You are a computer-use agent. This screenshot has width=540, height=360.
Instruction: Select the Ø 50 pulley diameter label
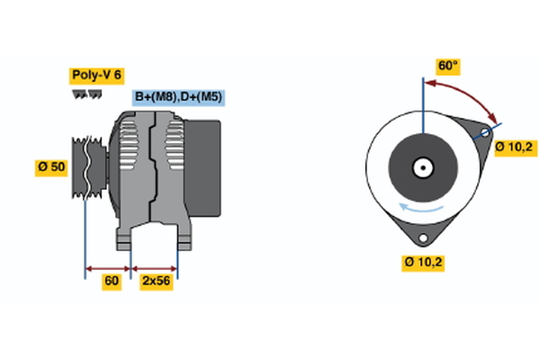pyautogui.click(x=51, y=168)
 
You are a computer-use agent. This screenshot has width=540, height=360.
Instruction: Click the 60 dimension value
pyautogui.click(x=112, y=282)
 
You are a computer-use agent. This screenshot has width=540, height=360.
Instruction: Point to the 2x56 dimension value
pyautogui.click(x=156, y=282)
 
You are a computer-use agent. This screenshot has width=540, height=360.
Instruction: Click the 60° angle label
pyautogui.click(x=447, y=66)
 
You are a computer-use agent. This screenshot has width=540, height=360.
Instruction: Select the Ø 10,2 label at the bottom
pyautogui.click(x=423, y=263)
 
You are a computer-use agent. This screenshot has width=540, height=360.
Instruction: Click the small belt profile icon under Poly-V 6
pyautogui.click(x=86, y=94)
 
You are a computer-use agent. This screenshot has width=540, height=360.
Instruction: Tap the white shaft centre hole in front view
pyautogui.click(x=422, y=167)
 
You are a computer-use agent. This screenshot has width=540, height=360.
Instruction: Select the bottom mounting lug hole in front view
pyautogui.click(x=422, y=238)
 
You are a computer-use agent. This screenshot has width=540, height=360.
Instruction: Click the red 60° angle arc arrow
pyautogui.click(x=468, y=93)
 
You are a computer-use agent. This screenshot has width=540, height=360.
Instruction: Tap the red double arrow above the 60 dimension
pyautogui.click(x=108, y=268)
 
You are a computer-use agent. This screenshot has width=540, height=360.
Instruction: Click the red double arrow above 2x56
pyautogui.click(x=155, y=268)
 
